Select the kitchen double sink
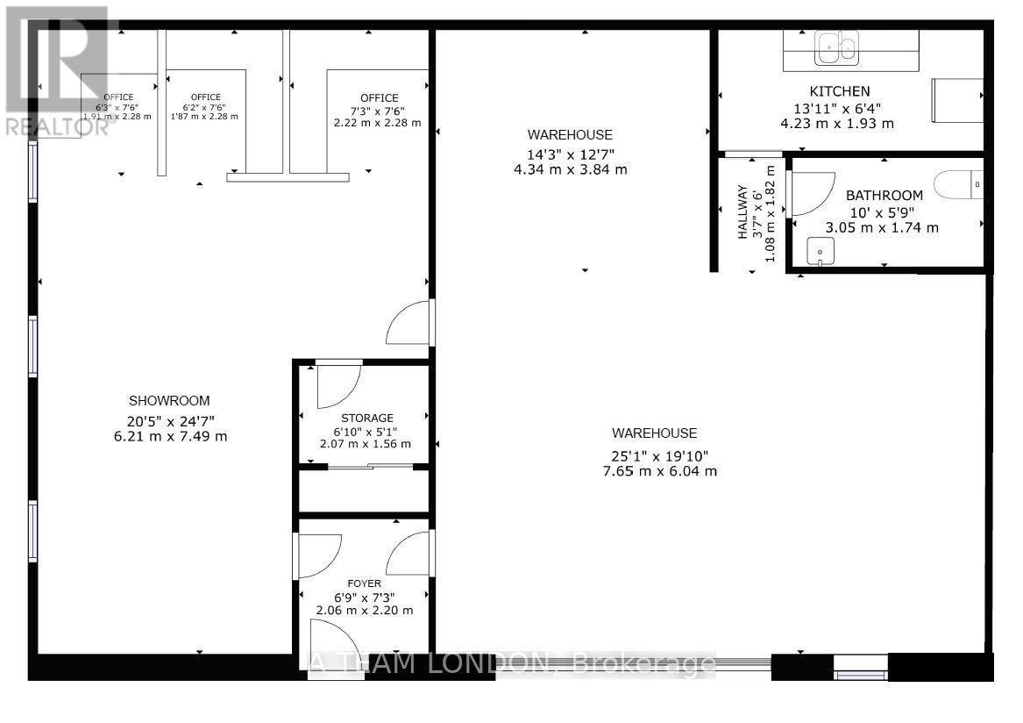tap(836, 47)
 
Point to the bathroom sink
tap(821, 251)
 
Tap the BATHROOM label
tap(884, 196)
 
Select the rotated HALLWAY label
tap(742, 211)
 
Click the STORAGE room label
tap(367, 418)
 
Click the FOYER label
tap(364, 583)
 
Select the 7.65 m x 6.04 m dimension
tap(654, 471)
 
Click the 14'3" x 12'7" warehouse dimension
tap(570, 153)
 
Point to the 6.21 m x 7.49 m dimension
tap(170, 436)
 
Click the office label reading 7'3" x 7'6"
tap(378, 111)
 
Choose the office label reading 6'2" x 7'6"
tap(205, 106)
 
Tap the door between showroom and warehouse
tap(408, 323)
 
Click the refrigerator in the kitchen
tap(956, 100)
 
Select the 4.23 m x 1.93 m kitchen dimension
tap(836, 124)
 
